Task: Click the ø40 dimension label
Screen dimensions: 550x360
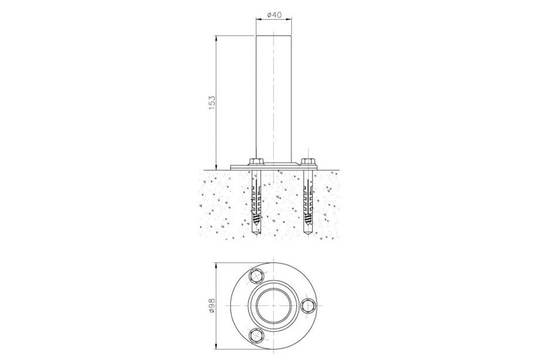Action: (x=274, y=14)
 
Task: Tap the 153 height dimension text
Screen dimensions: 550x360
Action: (x=212, y=103)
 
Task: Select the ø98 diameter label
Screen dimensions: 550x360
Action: (x=212, y=305)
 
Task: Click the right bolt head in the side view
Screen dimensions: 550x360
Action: (x=308, y=162)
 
